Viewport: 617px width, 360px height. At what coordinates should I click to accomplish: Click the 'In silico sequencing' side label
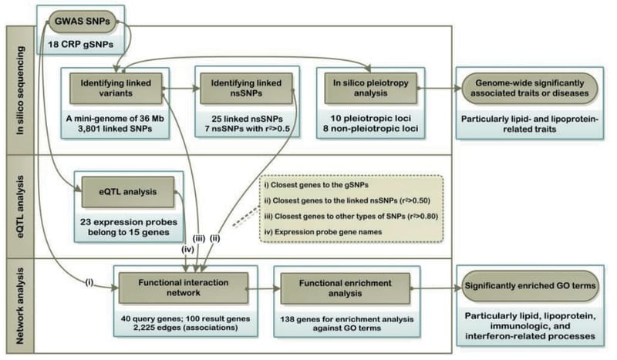pos(20,93)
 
